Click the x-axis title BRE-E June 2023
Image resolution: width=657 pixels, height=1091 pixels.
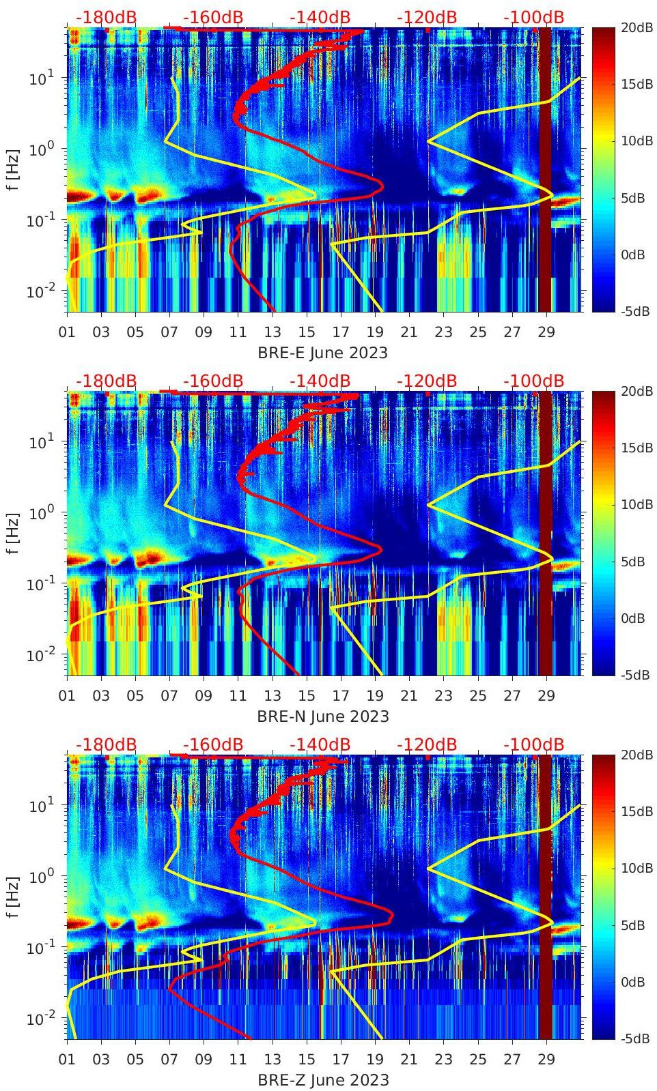tap(322, 353)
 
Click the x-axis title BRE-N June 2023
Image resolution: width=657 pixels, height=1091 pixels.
tap(322, 716)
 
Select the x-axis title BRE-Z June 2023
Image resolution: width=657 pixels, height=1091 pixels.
tap(322, 1080)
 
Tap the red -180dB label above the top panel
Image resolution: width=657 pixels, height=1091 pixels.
tap(106, 17)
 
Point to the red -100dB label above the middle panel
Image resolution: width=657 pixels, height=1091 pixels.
tap(533, 381)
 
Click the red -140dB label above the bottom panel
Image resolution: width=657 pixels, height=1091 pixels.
tap(320, 744)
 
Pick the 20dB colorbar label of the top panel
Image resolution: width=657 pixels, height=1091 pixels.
tap(637, 27)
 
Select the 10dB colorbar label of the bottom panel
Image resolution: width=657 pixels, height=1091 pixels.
tap(637, 868)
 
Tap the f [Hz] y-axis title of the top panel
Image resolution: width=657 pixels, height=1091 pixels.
tap(13, 170)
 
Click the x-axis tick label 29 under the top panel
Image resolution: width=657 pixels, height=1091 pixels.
tap(546, 332)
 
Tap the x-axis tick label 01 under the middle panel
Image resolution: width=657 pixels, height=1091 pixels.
tap(67, 696)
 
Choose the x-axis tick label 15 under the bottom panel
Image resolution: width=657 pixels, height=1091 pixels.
tap(307, 1060)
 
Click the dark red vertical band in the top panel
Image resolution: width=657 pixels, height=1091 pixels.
tap(545, 171)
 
